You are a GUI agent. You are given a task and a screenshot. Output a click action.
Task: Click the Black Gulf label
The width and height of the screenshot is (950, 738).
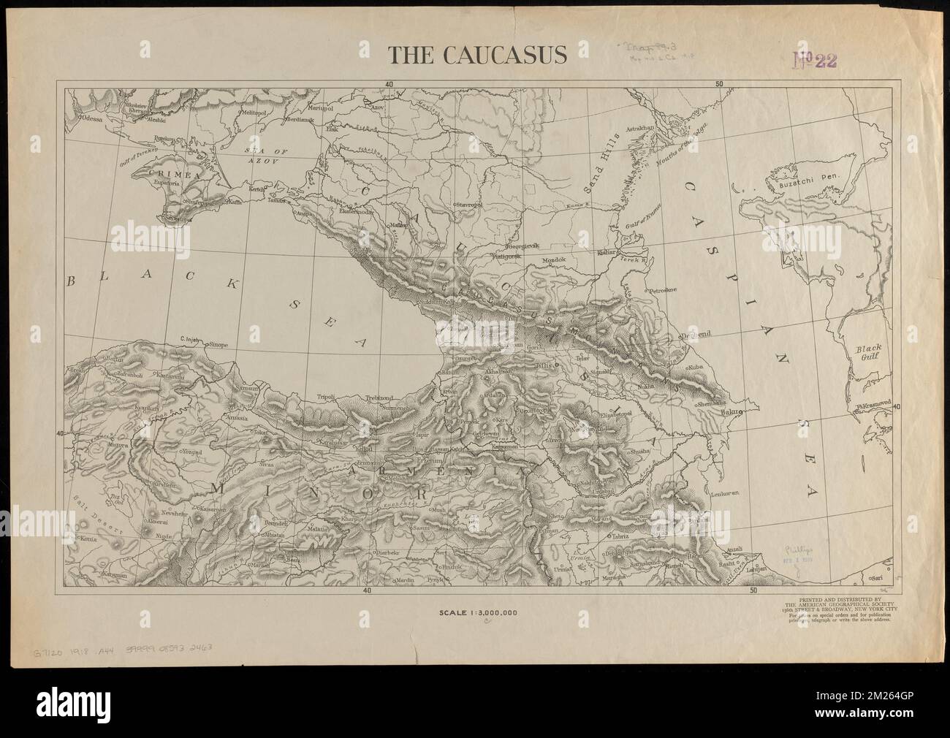(x=870, y=353)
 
